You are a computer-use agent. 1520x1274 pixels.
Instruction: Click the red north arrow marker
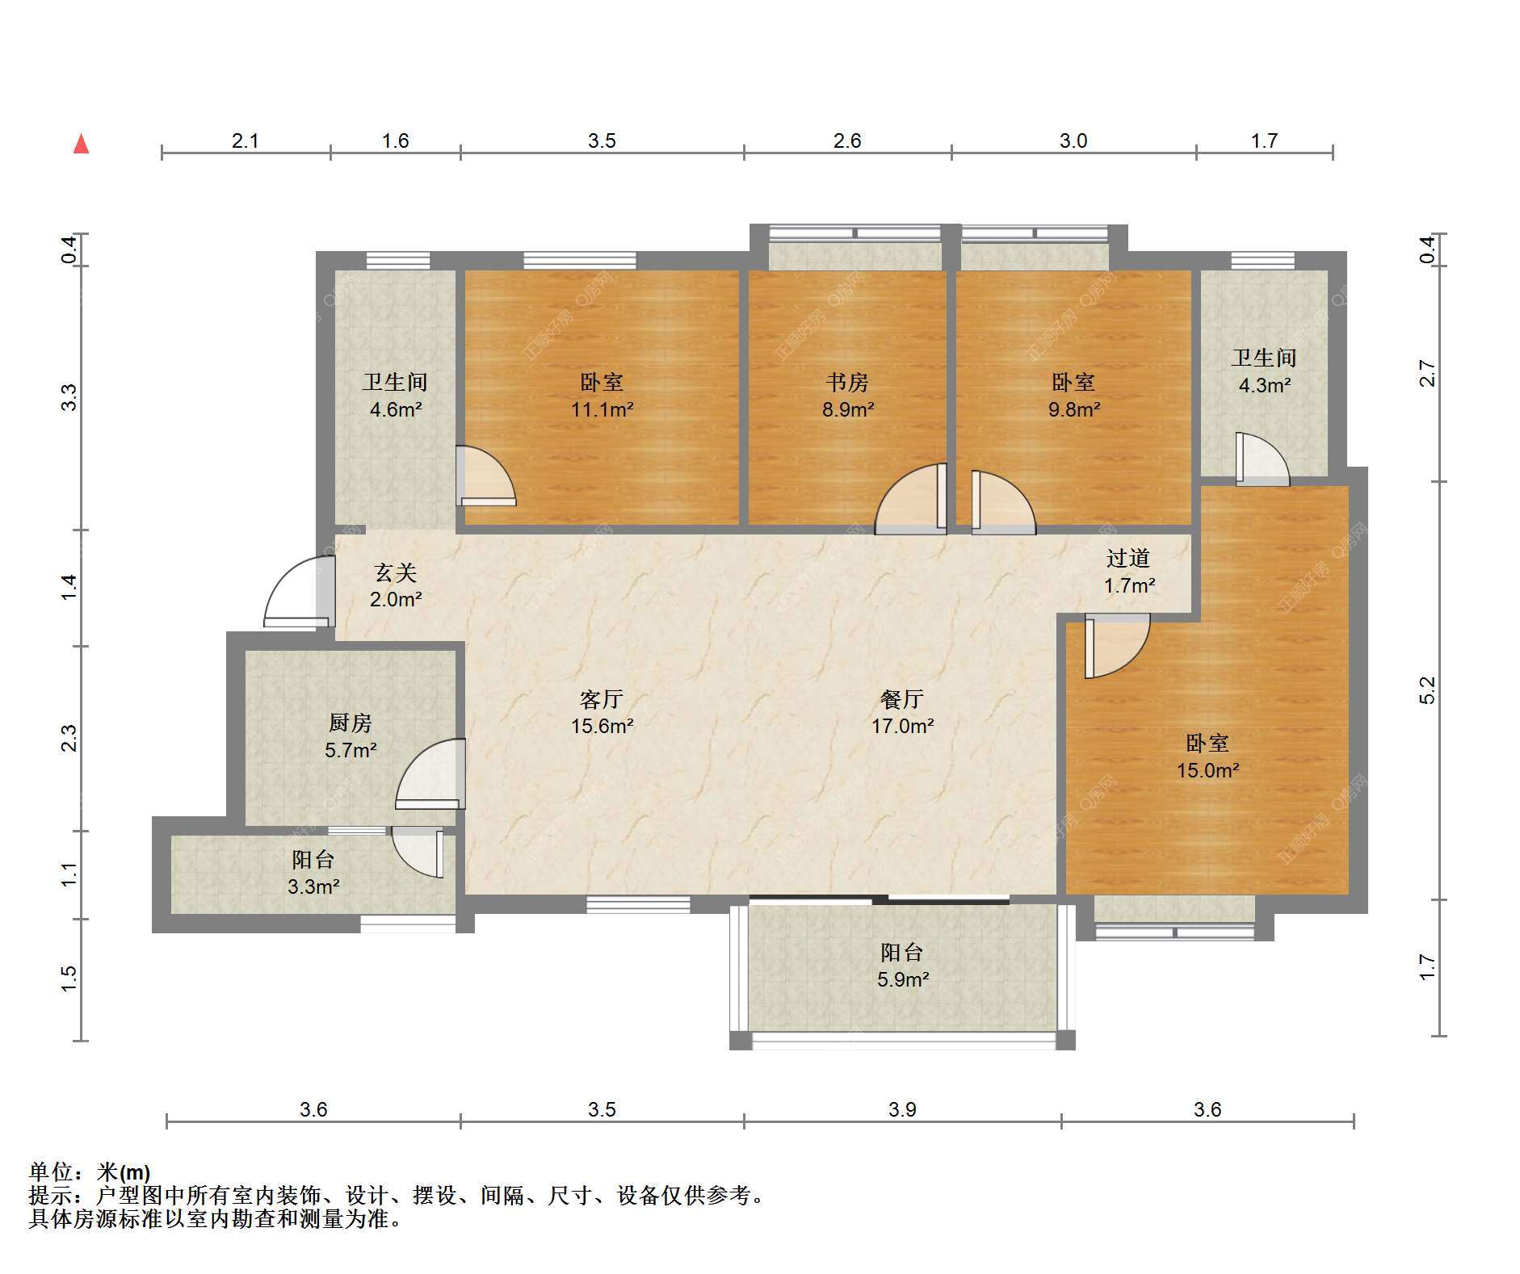pyautogui.click(x=81, y=144)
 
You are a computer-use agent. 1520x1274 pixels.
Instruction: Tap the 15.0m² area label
pyautogui.click(x=1207, y=771)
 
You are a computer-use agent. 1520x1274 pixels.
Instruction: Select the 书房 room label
pyautogui.click(x=847, y=382)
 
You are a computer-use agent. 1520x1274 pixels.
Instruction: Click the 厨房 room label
pyautogui.click(x=350, y=723)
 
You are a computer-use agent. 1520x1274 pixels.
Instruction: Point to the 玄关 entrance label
pyautogui.click(x=396, y=572)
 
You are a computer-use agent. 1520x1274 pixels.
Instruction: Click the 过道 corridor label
pyautogui.click(x=1128, y=558)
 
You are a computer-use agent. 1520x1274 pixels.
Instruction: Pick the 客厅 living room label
pyautogui.click(x=602, y=698)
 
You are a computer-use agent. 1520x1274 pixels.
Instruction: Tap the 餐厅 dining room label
pyautogui.click(x=902, y=698)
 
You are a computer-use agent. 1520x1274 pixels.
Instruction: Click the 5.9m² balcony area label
pyautogui.click(x=903, y=979)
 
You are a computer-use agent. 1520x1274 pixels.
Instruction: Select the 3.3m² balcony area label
pyautogui.click(x=313, y=886)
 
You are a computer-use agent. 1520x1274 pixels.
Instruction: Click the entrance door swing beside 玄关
pyautogui.click(x=298, y=592)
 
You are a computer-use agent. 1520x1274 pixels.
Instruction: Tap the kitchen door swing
pyautogui.click(x=430, y=774)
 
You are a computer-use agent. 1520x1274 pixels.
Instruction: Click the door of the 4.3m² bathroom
pyautogui.click(x=1262, y=459)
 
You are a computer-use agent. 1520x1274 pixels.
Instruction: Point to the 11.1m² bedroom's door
pyautogui.click(x=485, y=476)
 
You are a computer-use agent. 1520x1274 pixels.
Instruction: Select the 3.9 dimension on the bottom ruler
pyautogui.click(x=902, y=1109)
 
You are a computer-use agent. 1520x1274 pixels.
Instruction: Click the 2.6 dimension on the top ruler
pyautogui.click(x=847, y=140)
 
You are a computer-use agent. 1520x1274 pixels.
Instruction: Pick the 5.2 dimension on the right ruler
pyautogui.click(x=1427, y=689)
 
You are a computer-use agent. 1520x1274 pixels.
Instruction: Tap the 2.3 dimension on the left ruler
pyautogui.click(x=69, y=738)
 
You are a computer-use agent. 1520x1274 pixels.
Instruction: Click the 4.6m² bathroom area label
pyautogui.click(x=396, y=409)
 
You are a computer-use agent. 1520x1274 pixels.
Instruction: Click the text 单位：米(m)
pyautogui.click(x=90, y=1171)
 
